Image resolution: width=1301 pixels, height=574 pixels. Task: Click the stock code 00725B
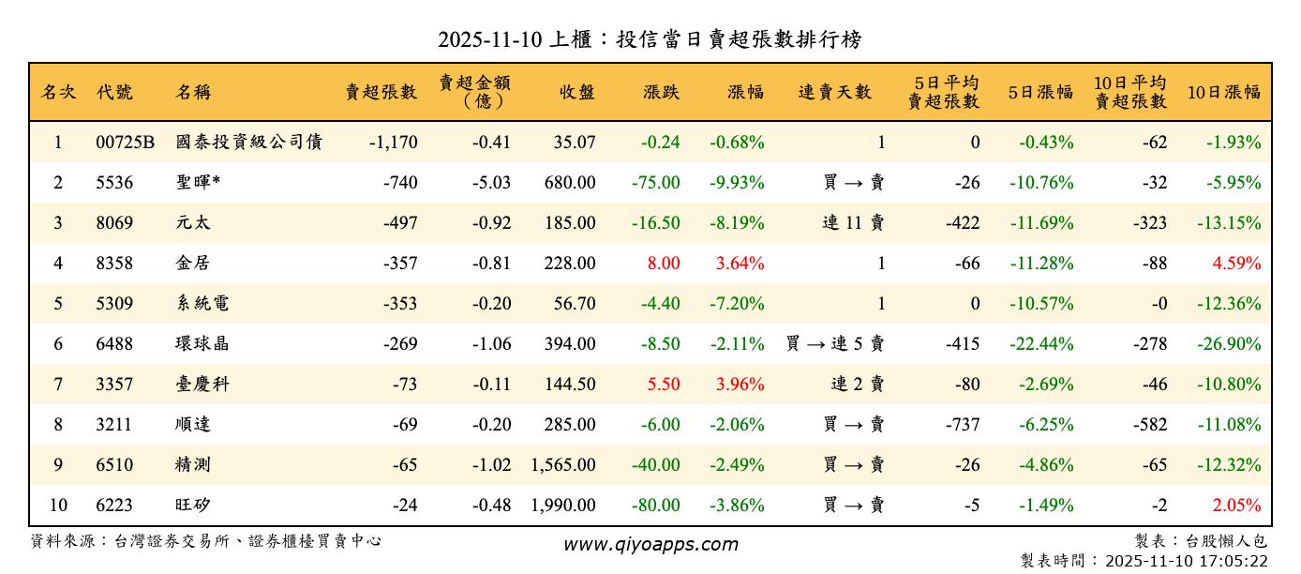pyautogui.click(x=125, y=143)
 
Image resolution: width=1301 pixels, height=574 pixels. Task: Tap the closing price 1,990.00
pyautogui.click(x=562, y=506)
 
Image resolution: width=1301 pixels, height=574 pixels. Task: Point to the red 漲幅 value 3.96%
pyautogui.click(x=740, y=385)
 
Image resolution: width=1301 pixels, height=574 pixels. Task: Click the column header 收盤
pyautogui.click(x=576, y=92)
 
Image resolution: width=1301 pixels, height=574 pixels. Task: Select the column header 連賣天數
pyautogui.click(x=834, y=92)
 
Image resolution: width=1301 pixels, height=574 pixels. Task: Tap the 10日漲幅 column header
pyautogui.click(x=1223, y=92)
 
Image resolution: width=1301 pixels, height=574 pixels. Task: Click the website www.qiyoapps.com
pyautogui.click(x=650, y=544)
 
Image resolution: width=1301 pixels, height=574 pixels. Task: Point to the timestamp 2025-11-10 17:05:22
pyautogui.click(x=1187, y=561)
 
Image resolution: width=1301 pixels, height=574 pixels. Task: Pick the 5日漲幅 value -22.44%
pyautogui.click(x=1041, y=344)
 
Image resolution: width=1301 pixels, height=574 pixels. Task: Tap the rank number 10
pyautogui.click(x=58, y=506)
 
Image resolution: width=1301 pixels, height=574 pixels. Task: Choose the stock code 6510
pyautogui.click(x=114, y=465)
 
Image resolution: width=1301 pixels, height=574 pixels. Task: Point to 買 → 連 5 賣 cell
pyautogui.click(x=834, y=344)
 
